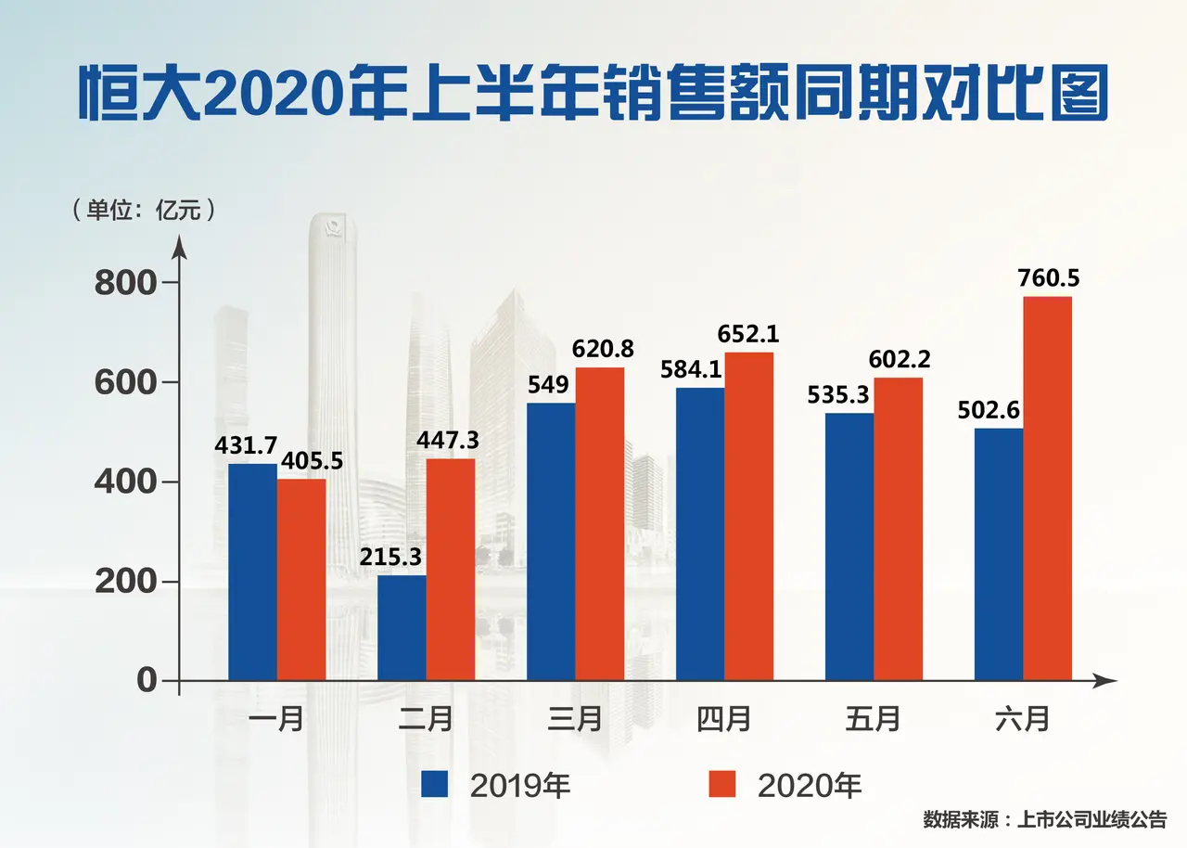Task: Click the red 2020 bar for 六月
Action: coord(1047,489)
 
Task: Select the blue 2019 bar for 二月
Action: coord(402,628)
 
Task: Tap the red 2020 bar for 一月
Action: coord(301,580)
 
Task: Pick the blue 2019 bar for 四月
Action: coord(700,534)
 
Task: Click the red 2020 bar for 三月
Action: coord(599,524)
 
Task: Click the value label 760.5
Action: coord(1050,278)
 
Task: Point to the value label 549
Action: coord(549,383)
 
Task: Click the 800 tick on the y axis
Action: coord(126,282)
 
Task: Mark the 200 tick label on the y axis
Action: coord(126,583)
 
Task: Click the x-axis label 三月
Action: coord(575,719)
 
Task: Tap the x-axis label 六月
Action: coord(1022,719)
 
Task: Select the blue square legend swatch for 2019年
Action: coord(435,784)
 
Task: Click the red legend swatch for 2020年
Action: coord(722,784)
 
